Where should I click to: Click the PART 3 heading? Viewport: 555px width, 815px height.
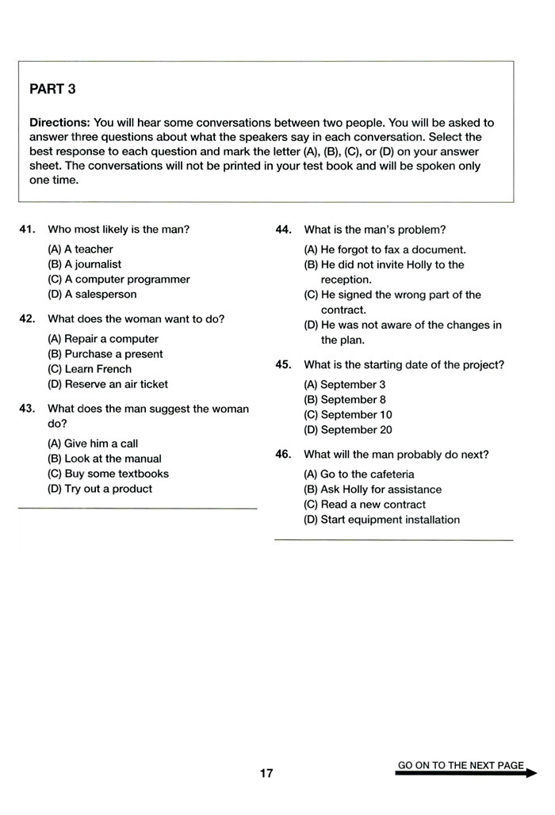pyautogui.click(x=52, y=89)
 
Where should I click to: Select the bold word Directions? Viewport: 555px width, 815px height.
pyautogui.click(x=59, y=123)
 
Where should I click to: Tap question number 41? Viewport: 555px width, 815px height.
pyautogui.click(x=27, y=230)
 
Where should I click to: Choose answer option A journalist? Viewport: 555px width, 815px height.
pyautogui.click(x=85, y=265)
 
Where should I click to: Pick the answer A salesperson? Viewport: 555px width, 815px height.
pyautogui.click(x=92, y=295)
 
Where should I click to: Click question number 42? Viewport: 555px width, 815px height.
pyautogui.click(x=27, y=319)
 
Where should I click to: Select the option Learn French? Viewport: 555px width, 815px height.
pyautogui.click(x=90, y=369)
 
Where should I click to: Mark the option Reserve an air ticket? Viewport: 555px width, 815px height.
pyautogui.click(x=108, y=384)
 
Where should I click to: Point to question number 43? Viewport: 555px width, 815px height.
pyautogui.click(x=27, y=409)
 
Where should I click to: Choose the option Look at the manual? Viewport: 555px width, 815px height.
pyautogui.click(x=105, y=459)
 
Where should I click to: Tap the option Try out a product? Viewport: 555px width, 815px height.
pyautogui.click(x=100, y=489)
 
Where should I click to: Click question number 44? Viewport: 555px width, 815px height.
pyautogui.click(x=284, y=230)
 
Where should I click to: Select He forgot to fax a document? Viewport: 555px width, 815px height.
pyautogui.click(x=385, y=249)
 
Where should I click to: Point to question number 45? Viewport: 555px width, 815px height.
pyautogui.click(x=284, y=365)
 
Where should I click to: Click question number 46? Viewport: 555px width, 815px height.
pyautogui.click(x=284, y=455)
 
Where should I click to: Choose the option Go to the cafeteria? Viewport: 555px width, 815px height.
pyautogui.click(x=359, y=474)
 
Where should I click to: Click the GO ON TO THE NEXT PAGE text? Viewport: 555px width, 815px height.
pyautogui.click(x=461, y=765)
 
